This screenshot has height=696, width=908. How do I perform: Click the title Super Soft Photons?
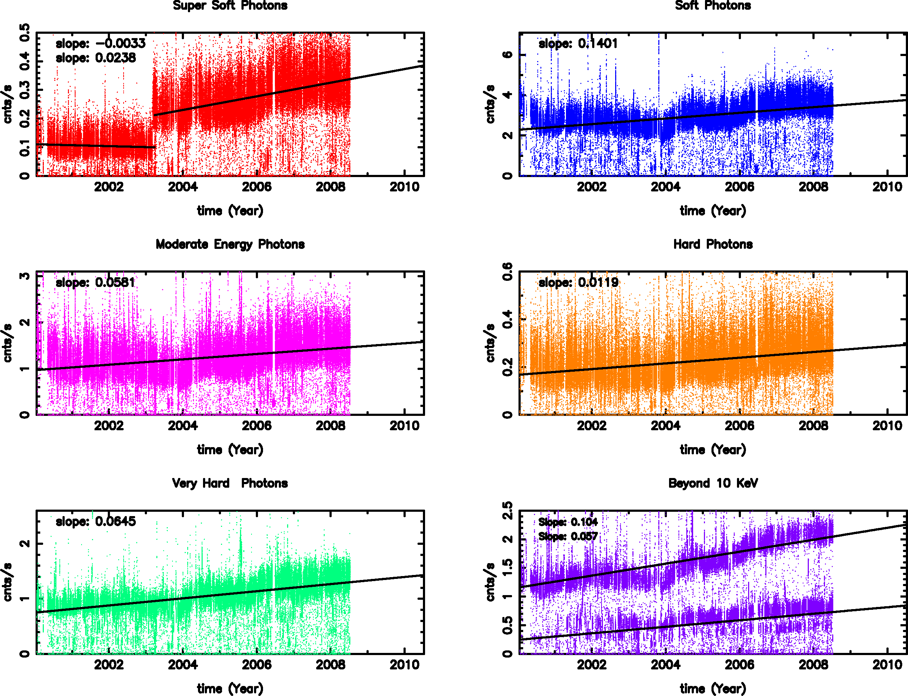click(x=230, y=5)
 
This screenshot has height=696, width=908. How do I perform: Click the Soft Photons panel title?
click(x=713, y=5)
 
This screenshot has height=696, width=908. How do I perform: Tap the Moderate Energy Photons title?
click(x=230, y=245)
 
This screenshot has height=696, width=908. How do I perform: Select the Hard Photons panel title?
click(x=713, y=245)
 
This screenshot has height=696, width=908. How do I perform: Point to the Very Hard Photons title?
click(x=230, y=483)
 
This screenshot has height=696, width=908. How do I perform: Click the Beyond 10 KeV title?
click(x=713, y=483)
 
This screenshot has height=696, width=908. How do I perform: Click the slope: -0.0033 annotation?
click(x=101, y=43)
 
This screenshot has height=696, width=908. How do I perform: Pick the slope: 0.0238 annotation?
click(x=96, y=58)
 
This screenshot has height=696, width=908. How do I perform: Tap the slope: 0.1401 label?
click(x=578, y=43)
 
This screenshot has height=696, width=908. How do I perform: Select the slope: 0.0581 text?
click(x=96, y=283)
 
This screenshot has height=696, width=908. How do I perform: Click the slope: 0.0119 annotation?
click(x=578, y=283)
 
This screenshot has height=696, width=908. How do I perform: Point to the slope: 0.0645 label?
click(x=96, y=521)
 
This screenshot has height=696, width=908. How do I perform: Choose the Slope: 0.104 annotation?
click(x=568, y=522)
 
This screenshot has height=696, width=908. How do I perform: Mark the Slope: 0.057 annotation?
click(x=568, y=537)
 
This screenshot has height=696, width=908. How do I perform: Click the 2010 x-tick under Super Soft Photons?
click(x=405, y=187)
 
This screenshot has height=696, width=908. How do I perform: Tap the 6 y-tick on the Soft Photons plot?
click(x=507, y=55)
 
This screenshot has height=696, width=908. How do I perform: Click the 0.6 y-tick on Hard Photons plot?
click(x=507, y=272)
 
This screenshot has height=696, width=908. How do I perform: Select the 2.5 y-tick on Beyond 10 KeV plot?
click(x=507, y=511)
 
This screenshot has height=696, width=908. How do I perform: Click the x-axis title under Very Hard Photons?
click(x=230, y=688)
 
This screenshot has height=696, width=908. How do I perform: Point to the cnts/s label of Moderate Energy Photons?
click(x=8, y=343)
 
